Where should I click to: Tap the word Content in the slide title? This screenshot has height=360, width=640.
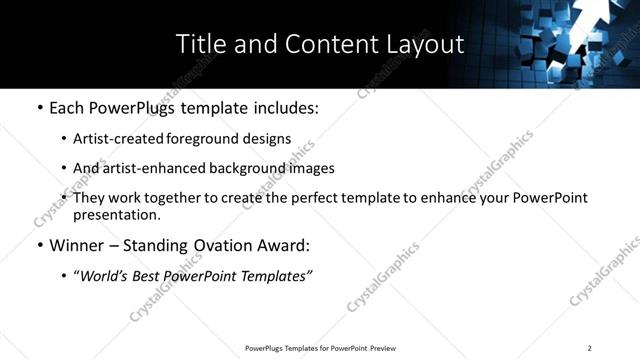(x=325, y=45)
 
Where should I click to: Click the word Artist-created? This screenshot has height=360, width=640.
(x=119, y=139)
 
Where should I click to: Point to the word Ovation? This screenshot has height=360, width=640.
(x=227, y=245)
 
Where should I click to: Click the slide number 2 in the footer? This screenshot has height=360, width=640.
(x=589, y=348)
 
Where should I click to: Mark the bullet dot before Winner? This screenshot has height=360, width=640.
(x=39, y=246)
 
